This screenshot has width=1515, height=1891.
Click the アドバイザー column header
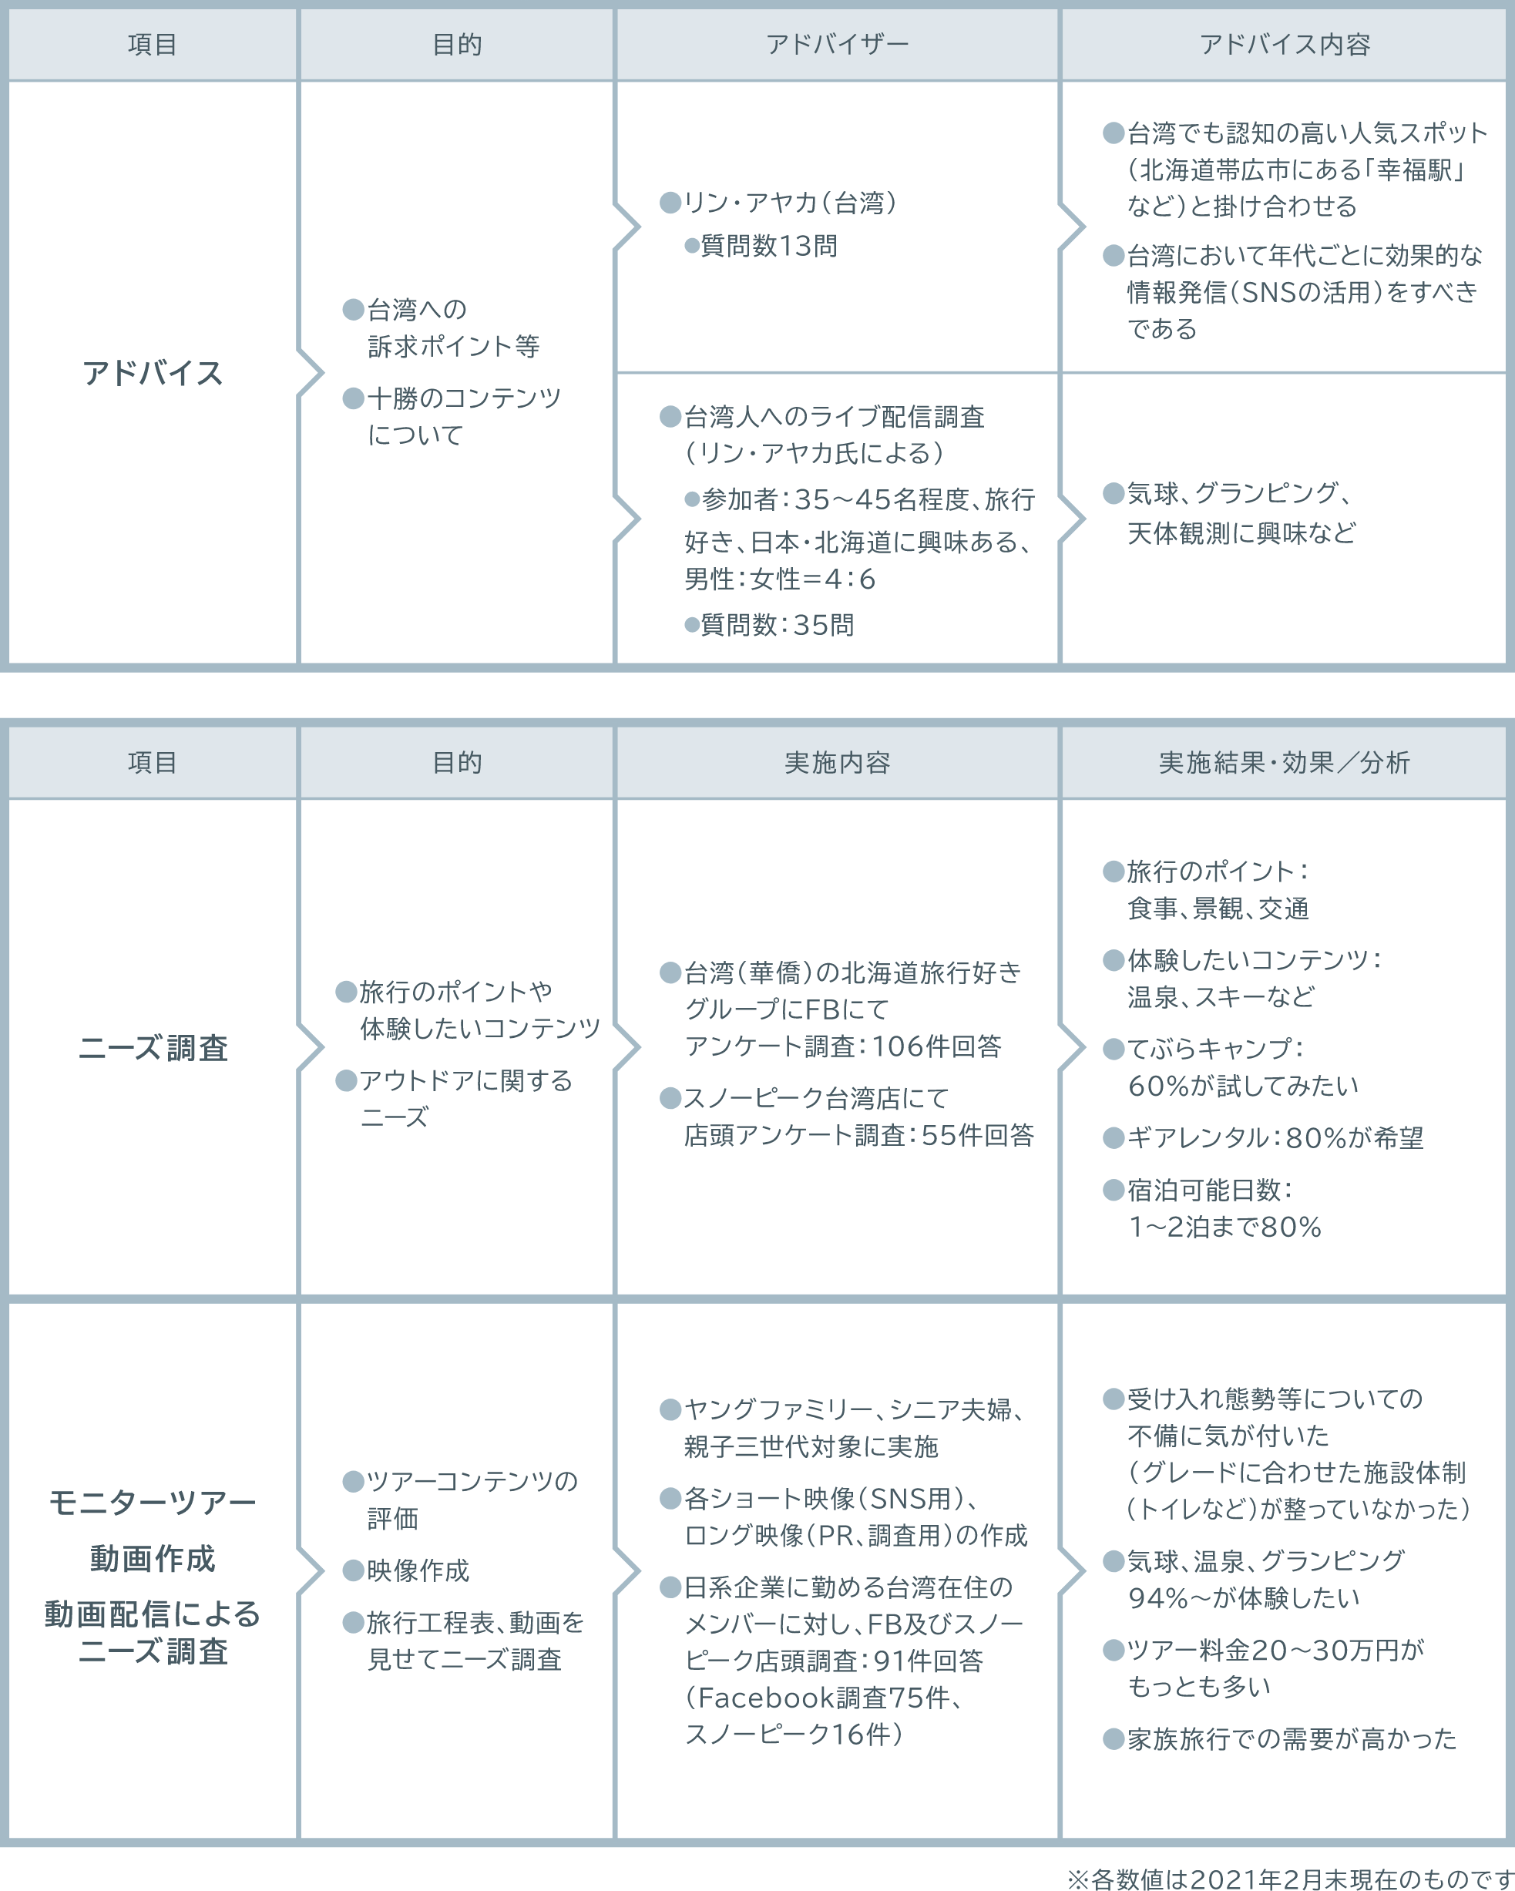tap(837, 44)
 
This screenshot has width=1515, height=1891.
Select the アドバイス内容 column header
tap(1285, 44)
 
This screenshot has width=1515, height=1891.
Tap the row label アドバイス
tap(153, 373)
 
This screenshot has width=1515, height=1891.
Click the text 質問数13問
tap(768, 247)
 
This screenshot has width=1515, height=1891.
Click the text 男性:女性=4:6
tap(779, 579)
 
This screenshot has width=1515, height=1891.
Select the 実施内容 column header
tap(837, 762)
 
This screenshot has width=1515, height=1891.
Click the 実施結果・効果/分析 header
tap(1285, 762)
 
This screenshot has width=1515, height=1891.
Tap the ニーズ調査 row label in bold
tap(153, 1047)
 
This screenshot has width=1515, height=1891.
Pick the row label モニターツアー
tap(153, 1503)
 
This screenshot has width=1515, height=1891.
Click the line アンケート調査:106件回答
tap(843, 1046)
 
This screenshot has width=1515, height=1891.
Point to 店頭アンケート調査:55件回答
tap(858, 1135)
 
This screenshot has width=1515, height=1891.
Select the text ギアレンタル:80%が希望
tap(1275, 1137)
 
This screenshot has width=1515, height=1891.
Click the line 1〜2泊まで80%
tap(1224, 1226)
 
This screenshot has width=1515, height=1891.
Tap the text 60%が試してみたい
tap(1243, 1086)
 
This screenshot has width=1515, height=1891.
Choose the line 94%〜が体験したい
tap(1244, 1598)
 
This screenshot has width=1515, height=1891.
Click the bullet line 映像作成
tap(418, 1570)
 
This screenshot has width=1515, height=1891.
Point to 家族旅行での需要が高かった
tap(1292, 1738)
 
